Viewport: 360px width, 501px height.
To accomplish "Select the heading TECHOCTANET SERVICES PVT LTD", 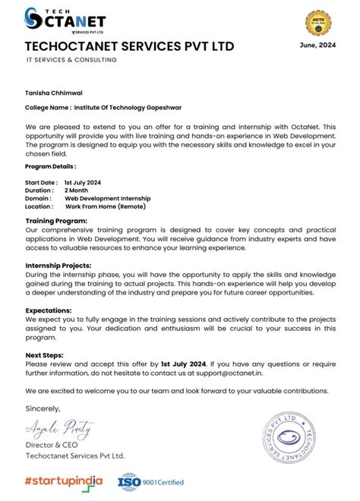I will [x=129, y=47].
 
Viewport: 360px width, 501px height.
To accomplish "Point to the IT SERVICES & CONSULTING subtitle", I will [x=71, y=60].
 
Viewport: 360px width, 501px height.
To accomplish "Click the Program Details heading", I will [x=50, y=165].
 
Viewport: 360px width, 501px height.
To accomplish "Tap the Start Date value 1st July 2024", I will [x=83, y=183].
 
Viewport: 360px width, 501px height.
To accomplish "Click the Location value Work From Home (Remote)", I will [x=105, y=206].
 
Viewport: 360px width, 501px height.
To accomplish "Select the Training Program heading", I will [x=56, y=220].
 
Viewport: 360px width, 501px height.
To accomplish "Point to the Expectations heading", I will [x=49, y=310].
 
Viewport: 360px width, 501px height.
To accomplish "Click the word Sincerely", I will [x=42, y=409].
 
